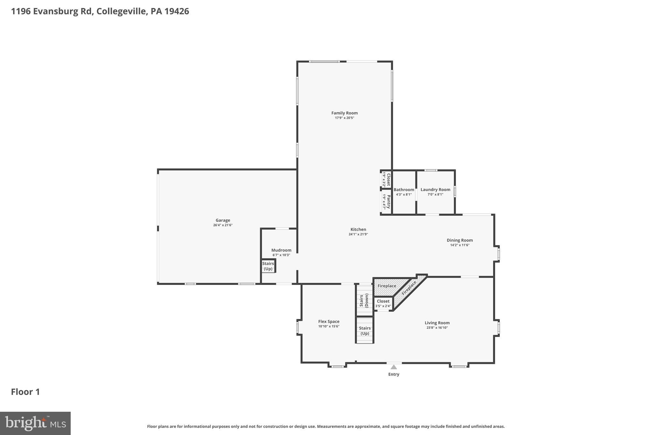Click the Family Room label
click(344, 113)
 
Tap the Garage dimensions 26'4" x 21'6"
click(223, 225)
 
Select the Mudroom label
click(281, 250)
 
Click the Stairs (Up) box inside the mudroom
click(268, 266)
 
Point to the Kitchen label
click(358, 229)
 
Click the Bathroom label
click(404, 190)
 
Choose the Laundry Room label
click(435, 190)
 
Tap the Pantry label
click(388, 201)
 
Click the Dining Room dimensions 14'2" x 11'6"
click(460, 245)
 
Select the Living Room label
click(437, 323)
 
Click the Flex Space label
click(329, 322)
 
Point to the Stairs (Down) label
click(364, 301)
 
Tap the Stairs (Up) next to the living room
click(365, 330)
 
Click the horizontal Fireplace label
click(387, 286)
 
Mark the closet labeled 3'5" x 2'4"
click(383, 303)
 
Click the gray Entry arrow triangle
click(394, 367)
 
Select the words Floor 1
click(25, 392)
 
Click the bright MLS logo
click(35, 423)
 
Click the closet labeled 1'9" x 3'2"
click(386, 179)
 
